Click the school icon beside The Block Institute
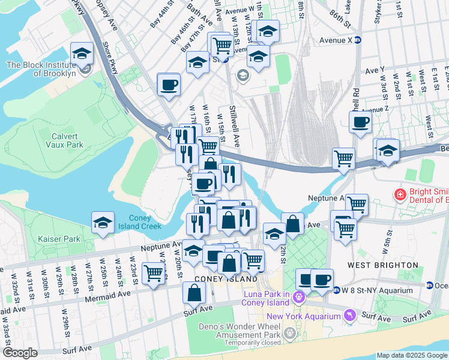82,54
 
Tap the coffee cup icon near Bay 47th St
169,85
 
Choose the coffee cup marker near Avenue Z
360,122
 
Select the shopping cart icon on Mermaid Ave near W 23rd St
154,274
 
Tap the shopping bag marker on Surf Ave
194,293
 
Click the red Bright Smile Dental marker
400,194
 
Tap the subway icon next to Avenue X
358,40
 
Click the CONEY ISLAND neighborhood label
218,278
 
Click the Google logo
20,353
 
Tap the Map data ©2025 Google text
412,355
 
